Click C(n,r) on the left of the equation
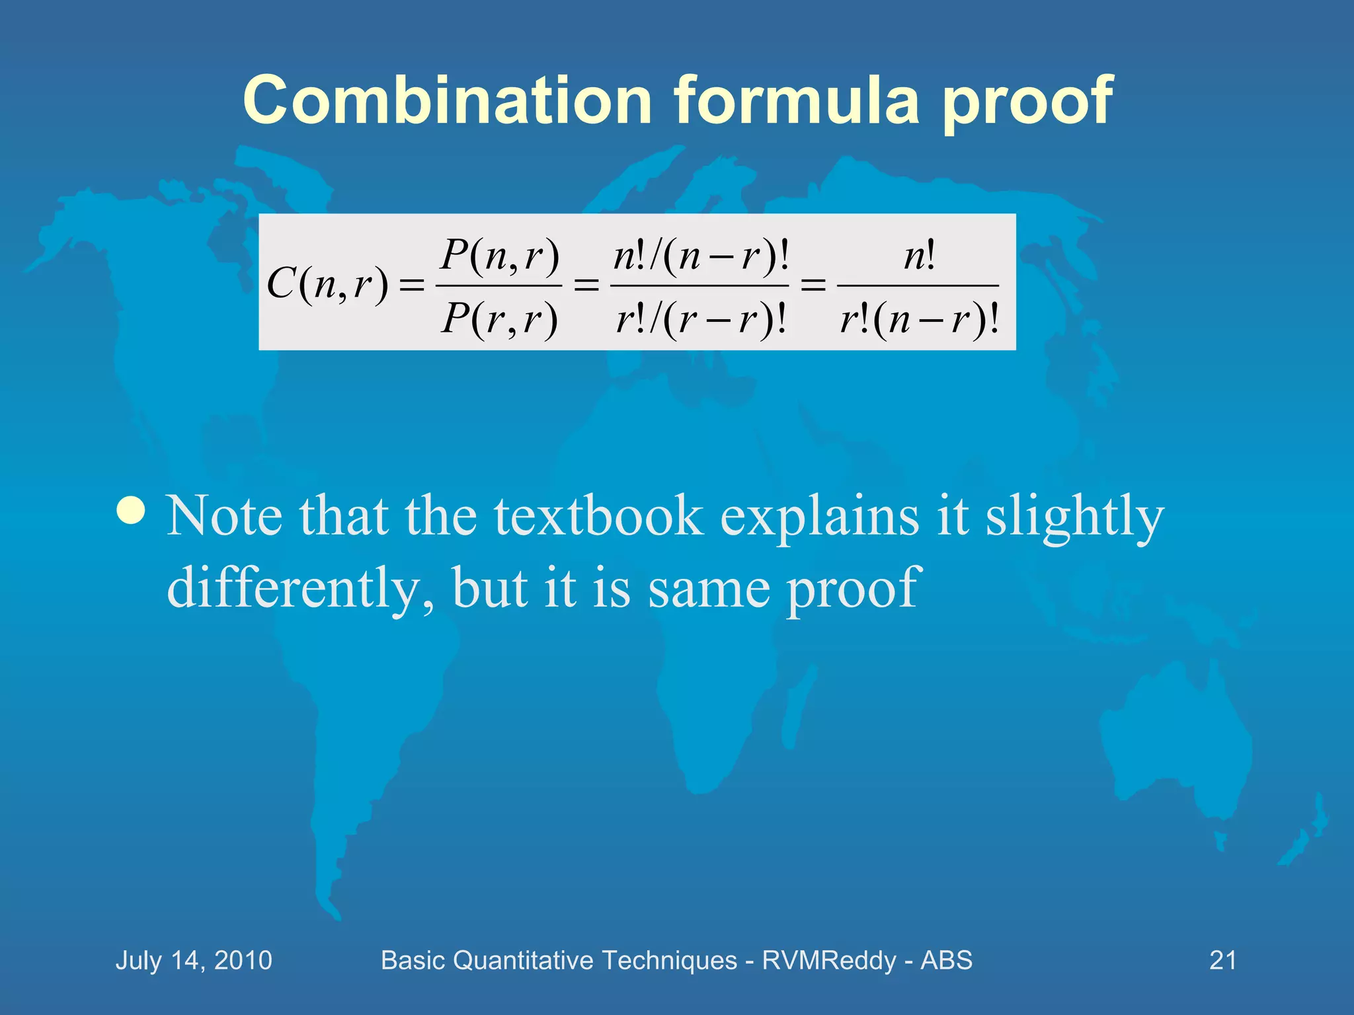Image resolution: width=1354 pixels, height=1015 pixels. pos(327,285)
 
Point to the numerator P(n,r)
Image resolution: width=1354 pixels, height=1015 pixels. pos(500,255)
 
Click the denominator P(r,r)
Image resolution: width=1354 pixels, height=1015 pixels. pos(500,319)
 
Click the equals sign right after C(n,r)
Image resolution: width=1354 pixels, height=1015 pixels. pos(411,285)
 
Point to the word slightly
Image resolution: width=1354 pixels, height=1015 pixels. pos(1074,517)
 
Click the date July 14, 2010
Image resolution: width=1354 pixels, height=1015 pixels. pos(194,960)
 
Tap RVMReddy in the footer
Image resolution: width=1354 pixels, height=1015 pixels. pos(828,960)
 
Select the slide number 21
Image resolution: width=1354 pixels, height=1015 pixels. pos(1222,960)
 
